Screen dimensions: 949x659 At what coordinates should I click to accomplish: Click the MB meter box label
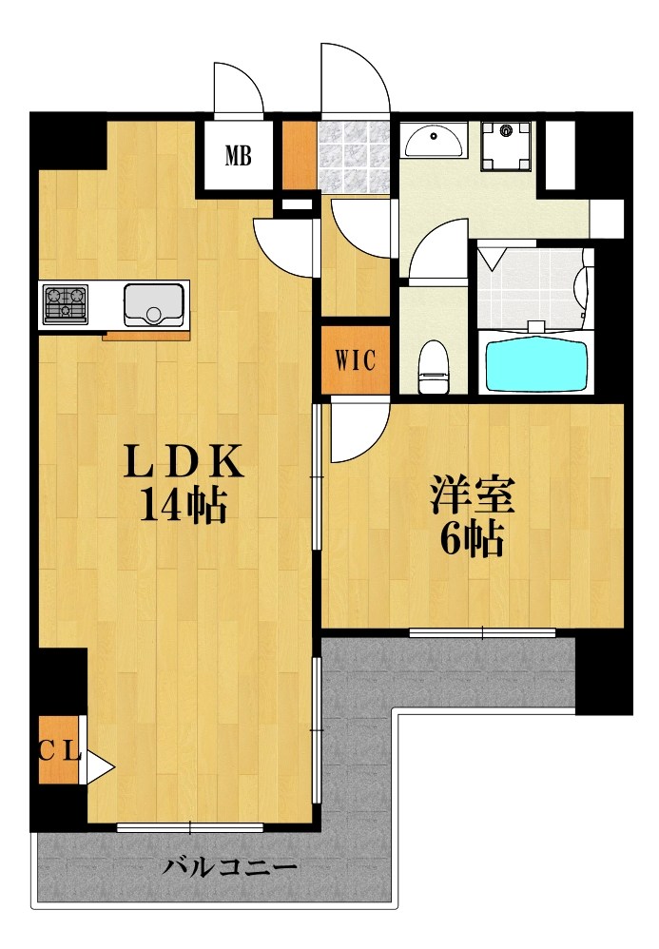[x=238, y=155]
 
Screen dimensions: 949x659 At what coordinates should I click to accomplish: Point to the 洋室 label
[x=472, y=497]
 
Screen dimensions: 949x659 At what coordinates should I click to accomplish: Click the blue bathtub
[x=537, y=364]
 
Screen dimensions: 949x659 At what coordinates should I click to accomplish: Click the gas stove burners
[x=65, y=303]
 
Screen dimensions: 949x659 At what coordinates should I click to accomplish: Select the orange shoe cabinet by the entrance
[x=299, y=155]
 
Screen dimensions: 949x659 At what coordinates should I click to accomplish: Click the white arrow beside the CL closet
[x=99, y=765]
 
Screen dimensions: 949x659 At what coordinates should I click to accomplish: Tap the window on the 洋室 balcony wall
[x=482, y=631]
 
